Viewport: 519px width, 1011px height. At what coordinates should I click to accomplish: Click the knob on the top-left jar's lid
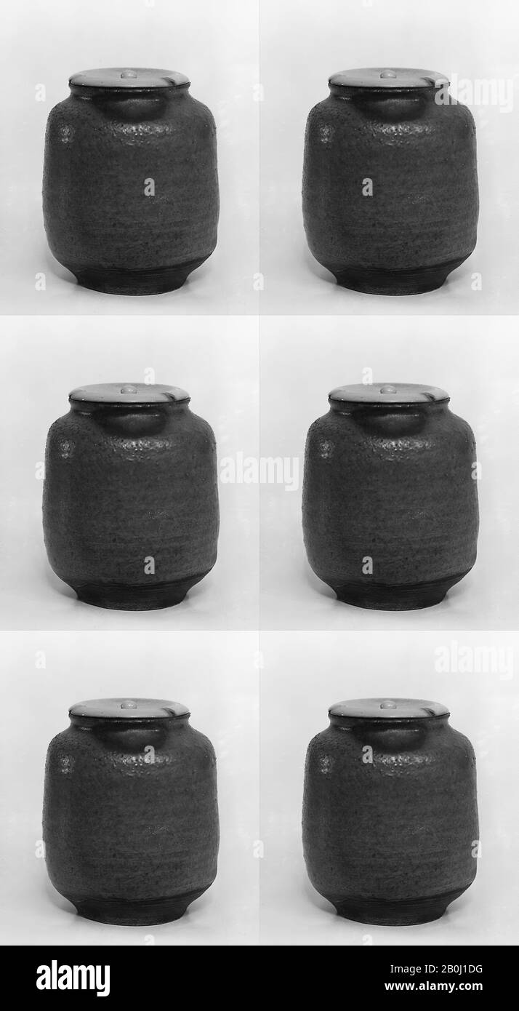129,73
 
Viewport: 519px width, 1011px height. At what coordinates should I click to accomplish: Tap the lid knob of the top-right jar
388,73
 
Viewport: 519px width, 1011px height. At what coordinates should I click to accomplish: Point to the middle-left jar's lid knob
129,389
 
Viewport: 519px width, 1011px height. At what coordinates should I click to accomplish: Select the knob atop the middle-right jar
388,389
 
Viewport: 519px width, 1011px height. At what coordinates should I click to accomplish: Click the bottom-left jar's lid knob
129,704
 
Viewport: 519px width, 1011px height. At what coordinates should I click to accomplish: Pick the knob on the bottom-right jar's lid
388,704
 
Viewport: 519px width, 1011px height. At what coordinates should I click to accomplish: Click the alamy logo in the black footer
73,978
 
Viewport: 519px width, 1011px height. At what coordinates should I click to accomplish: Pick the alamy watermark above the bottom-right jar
474,660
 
